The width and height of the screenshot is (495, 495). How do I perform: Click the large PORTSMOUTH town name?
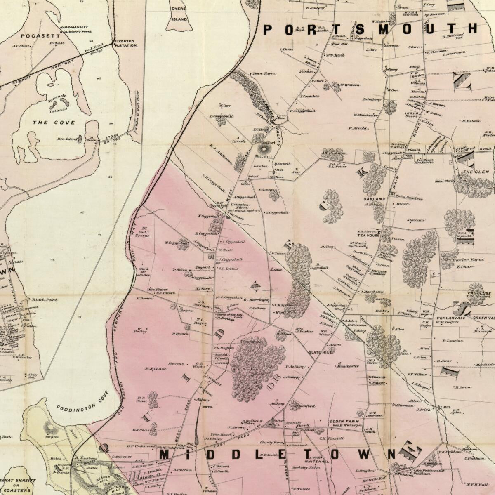pyautogui.click(x=370, y=29)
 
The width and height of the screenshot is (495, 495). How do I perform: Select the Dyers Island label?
pyautogui.click(x=179, y=13)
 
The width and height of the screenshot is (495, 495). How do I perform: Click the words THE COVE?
pyautogui.click(x=54, y=123)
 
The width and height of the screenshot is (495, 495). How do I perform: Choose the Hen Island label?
pyautogui.click(x=67, y=139)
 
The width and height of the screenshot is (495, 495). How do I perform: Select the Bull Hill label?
pyautogui.click(x=262, y=157)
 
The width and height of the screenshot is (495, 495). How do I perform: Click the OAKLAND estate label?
pyautogui.click(x=374, y=199)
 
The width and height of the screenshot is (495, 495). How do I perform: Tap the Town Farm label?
pyautogui.click(x=264, y=73)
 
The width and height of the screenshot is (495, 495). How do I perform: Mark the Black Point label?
pyautogui.click(x=40, y=300)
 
